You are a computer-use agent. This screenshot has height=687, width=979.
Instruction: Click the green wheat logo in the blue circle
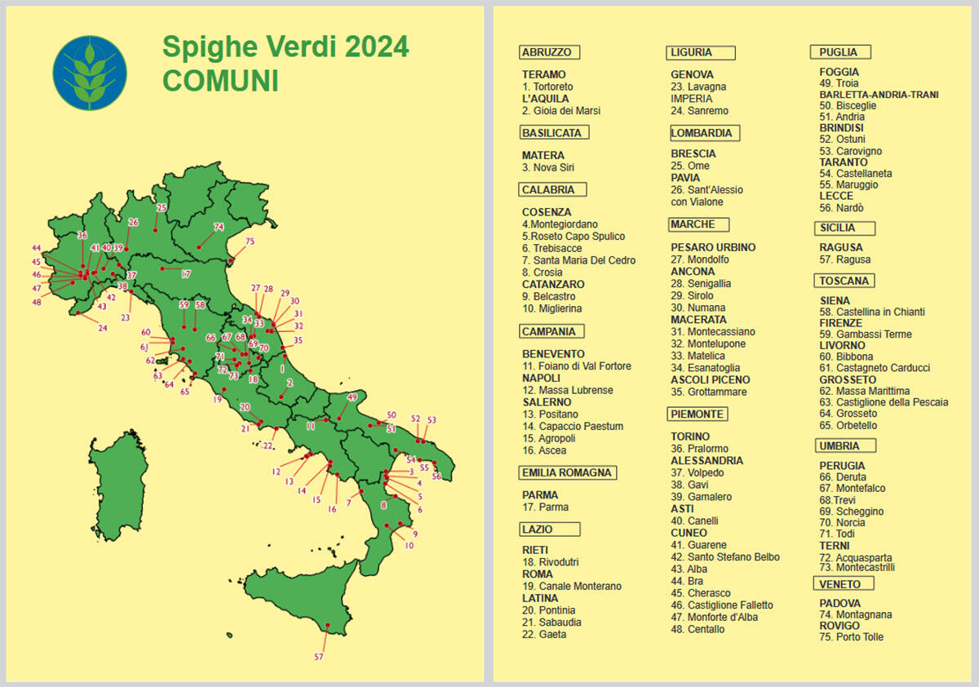(x=90, y=73)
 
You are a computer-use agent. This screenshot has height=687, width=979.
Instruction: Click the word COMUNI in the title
(x=220, y=81)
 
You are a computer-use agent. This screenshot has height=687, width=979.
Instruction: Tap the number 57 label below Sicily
(x=319, y=657)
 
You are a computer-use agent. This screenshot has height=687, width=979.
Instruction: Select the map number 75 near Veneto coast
(x=250, y=242)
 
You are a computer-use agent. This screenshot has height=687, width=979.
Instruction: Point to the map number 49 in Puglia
(x=352, y=397)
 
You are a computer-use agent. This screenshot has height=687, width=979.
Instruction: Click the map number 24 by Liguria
(x=103, y=328)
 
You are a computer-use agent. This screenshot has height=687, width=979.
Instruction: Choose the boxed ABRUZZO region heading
(x=549, y=52)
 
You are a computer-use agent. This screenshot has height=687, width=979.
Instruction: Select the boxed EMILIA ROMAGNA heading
(x=566, y=472)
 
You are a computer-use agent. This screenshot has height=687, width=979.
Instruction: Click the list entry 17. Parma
(x=546, y=507)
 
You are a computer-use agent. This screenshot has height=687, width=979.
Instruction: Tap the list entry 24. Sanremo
(x=699, y=111)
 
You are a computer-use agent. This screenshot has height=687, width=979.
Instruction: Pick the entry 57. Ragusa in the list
(x=844, y=259)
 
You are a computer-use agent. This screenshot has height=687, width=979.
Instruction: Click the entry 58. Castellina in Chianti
(x=871, y=312)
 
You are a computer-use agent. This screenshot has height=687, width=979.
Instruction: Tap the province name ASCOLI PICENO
(x=710, y=380)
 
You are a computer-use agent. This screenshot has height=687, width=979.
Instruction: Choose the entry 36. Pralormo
(x=699, y=449)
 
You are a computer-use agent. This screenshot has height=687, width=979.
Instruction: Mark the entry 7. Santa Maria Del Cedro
(x=578, y=260)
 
